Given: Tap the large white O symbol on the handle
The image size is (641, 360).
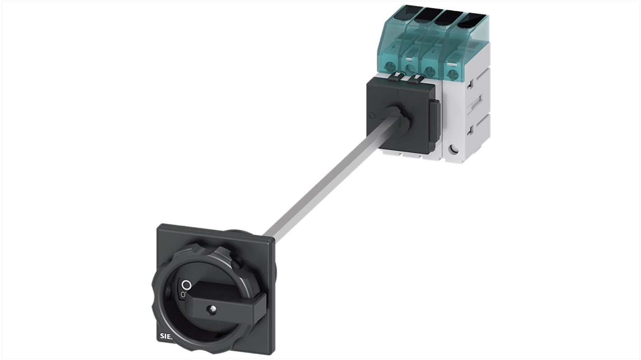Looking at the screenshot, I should click(x=186, y=285).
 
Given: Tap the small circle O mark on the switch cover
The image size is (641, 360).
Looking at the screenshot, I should click(x=372, y=116).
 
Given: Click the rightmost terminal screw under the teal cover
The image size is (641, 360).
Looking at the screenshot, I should click(x=451, y=72).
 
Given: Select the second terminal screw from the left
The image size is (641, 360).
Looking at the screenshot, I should click(x=410, y=69).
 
